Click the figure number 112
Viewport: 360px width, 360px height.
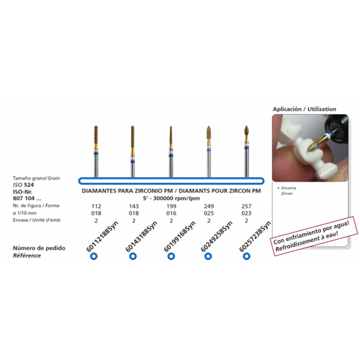pyautogui.click(x=96, y=206)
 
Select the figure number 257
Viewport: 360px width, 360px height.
pyautogui.click(x=247, y=206)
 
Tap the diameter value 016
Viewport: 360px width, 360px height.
pyautogui.click(x=172, y=213)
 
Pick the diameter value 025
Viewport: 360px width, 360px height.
pyautogui.click(x=209, y=213)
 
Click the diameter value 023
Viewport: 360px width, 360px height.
pyautogui.click(x=247, y=213)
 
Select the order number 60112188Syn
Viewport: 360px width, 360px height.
pyautogui.click(x=102, y=236)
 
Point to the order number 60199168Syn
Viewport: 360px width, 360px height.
pyautogui.click(x=180, y=236)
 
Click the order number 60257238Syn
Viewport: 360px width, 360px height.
pyautogui.click(x=255, y=236)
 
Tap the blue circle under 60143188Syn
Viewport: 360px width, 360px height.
pyautogui.click(x=133, y=256)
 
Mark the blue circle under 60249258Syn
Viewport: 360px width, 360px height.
pyautogui.click(x=208, y=256)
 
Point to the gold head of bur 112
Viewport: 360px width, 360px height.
pyautogui.click(x=96, y=135)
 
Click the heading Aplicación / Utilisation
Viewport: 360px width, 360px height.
pyautogui.click(x=305, y=109)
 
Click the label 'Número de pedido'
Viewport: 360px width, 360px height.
pyautogui.click(x=39, y=248)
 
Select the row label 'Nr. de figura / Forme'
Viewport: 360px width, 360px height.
pyautogui.click(x=36, y=205)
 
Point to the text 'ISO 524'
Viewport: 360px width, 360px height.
pyautogui.click(x=24, y=185)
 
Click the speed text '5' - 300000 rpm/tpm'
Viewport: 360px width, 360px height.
pyautogui.click(x=172, y=198)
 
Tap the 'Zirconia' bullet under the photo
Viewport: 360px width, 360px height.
pyautogui.click(x=287, y=188)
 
